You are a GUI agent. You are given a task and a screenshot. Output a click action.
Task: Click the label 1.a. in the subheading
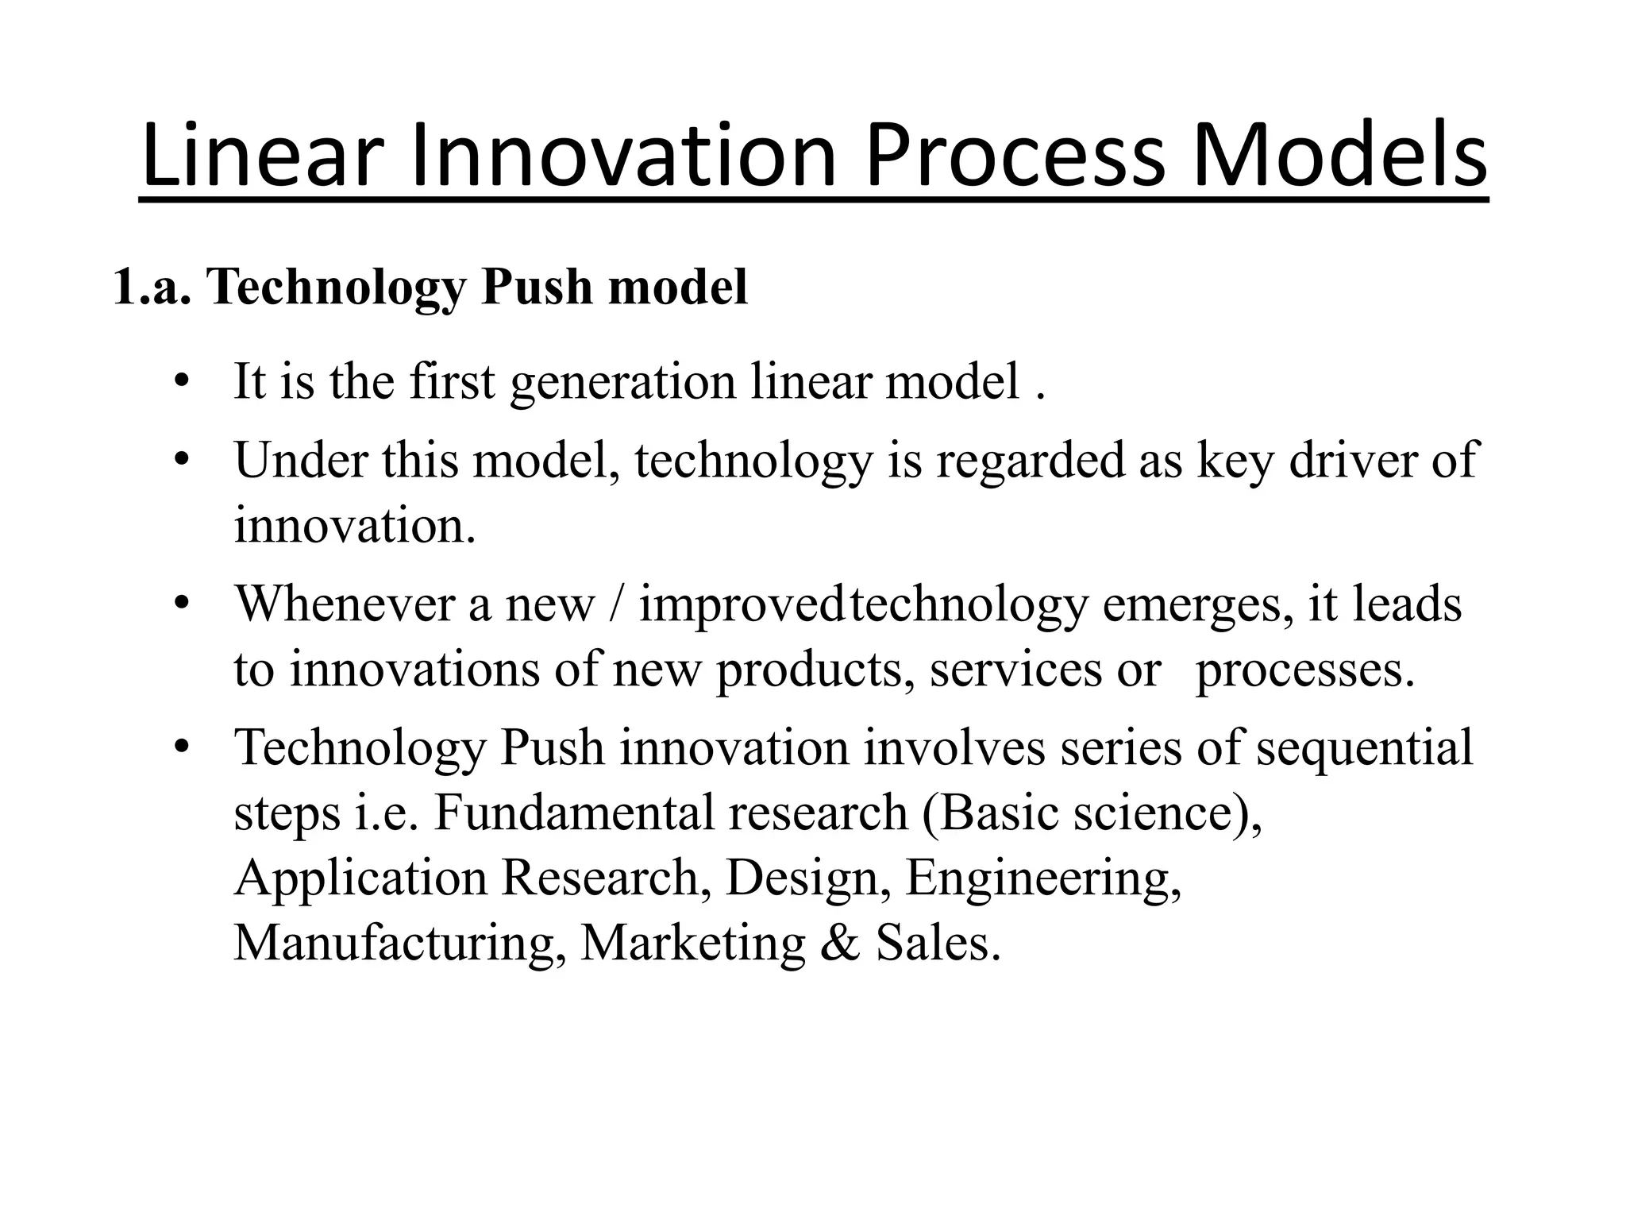point(152,288)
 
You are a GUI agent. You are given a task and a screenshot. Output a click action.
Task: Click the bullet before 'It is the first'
point(182,382)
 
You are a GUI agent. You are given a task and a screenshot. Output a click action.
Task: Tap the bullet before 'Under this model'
point(182,460)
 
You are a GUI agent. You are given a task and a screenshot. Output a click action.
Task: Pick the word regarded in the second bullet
point(1030,461)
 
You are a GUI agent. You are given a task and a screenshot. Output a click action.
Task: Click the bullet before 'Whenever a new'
point(182,604)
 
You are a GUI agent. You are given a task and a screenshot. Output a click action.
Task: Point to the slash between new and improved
point(617,605)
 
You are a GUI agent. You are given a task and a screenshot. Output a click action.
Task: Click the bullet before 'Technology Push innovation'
point(182,748)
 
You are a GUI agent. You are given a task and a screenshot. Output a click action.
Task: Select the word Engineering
point(1042,880)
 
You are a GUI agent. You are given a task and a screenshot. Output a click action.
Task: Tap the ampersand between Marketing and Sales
point(841,944)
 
